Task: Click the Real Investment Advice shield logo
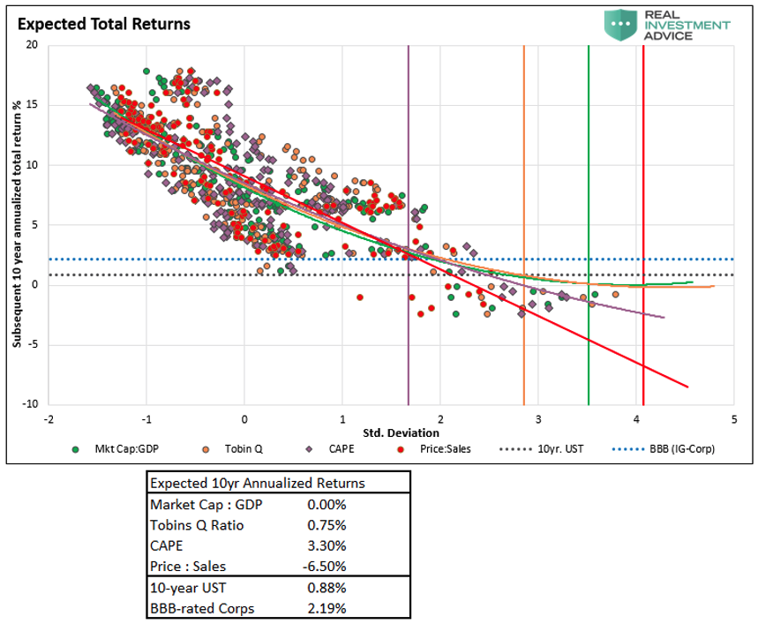622,24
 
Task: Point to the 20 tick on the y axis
33,45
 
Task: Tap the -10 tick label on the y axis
30,404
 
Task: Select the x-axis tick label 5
733,419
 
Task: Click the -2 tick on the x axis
50,419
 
